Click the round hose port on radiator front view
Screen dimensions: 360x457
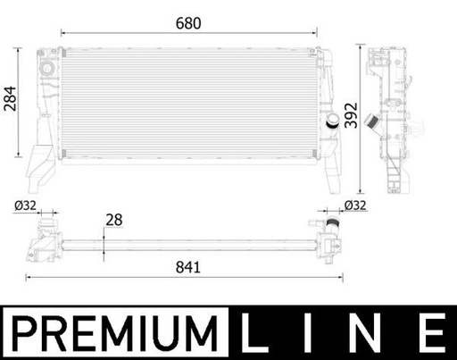coord(331,122)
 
